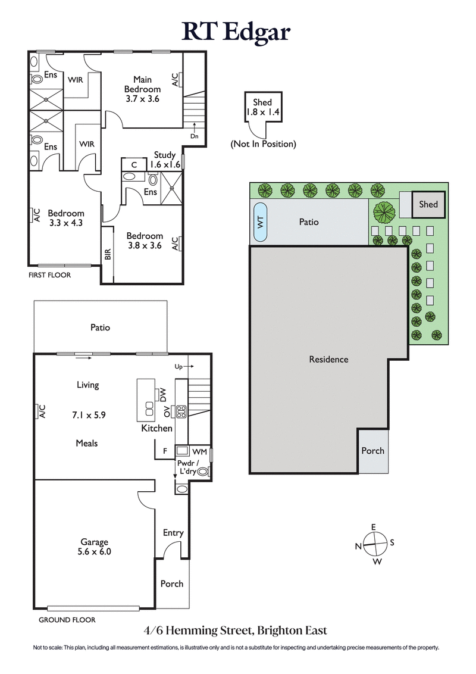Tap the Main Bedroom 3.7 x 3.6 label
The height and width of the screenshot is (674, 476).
[x=142, y=89]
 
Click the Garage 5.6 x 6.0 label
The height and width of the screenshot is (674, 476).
[x=95, y=547]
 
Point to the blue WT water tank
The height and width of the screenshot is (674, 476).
[x=261, y=221]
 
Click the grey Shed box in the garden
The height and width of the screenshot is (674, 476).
[x=428, y=204]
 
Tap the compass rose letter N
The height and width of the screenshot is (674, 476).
[x=359, y=546]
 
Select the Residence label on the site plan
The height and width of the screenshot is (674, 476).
[x=328, y=359]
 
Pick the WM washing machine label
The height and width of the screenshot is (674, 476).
[x=199, y=452]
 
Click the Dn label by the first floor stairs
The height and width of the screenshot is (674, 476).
[x=195, y=136]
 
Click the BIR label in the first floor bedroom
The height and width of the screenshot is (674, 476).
[x=108, y=254]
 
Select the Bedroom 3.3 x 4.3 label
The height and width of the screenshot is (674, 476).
[x=66, y=218]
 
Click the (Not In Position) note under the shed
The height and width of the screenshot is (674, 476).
[x=263, y=144]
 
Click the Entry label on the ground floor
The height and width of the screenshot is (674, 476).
[x=173, y=533]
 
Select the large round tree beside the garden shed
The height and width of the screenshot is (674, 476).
[x=385, y=212]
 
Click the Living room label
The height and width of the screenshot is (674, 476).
[x=87, y=385]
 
